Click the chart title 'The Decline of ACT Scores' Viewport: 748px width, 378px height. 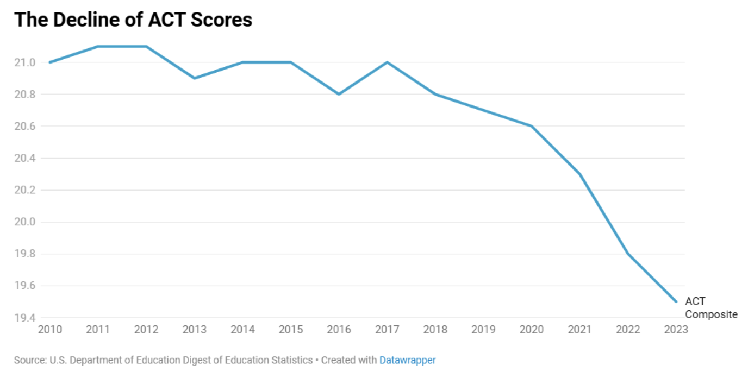coord(133,20)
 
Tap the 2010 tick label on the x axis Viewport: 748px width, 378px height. coord(49,329)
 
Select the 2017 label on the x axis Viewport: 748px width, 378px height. coord(387,329)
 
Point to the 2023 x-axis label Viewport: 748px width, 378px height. coord(676,329)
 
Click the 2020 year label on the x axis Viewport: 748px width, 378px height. coord(532,329)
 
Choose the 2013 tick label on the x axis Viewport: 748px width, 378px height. coord(194,329)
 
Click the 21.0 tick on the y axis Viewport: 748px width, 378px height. coord(24,62)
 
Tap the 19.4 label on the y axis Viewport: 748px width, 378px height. coord(24,318)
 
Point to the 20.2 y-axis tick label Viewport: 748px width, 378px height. coord(24,190)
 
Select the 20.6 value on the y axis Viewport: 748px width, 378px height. coord(24,126)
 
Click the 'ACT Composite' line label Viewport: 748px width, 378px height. coord(710,307)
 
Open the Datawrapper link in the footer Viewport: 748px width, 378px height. coord(407,360)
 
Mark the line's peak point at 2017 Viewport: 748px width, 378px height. coord(387,62)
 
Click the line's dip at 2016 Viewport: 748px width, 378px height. coord(339,94)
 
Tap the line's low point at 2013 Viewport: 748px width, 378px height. coord(194,78)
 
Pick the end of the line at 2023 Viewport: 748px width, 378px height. coord(676,301)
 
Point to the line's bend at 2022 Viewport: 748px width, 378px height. coord(628,254)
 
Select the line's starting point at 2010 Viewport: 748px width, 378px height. coord(50,62)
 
